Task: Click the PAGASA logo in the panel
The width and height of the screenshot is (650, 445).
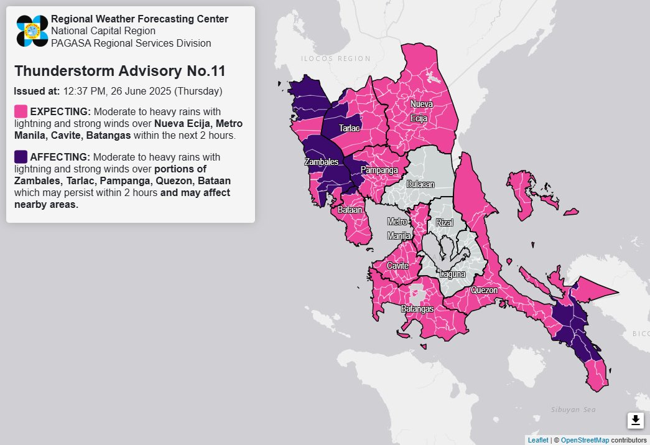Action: [32, 31]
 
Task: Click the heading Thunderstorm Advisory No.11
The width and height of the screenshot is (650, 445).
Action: [119, 71]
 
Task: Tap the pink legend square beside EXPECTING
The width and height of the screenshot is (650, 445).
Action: [21, 111]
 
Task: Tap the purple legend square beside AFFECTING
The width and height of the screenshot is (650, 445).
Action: [21, 156]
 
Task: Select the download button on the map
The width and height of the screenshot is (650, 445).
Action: [635, 420]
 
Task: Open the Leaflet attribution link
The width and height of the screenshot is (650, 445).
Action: [537, 440]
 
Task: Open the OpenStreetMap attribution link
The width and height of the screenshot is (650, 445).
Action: [584, 440]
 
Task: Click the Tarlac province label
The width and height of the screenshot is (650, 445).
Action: [349, 128]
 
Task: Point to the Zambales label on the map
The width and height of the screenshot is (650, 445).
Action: [321, 162]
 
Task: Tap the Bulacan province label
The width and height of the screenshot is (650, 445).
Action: [420, 184]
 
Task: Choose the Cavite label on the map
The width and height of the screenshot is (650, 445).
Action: [397, 266]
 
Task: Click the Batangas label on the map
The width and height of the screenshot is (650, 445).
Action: [417, 309]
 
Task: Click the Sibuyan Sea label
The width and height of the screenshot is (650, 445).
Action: [573, 409]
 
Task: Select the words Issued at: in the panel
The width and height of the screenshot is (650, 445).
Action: [37, 91]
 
